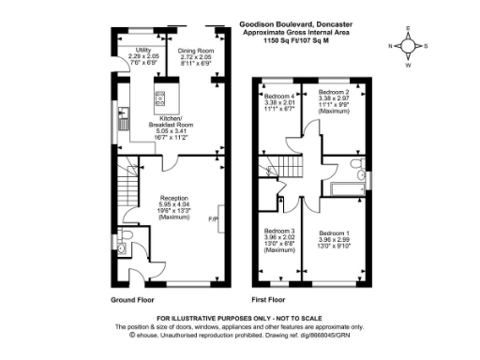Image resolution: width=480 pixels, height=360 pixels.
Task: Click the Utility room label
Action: pyautogui.click(x=143, y=49)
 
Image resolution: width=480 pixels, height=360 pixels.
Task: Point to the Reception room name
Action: pyautogui.click(x=175, y=198)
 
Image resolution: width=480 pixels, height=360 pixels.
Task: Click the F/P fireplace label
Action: pyautogui.click(x=212, y=220)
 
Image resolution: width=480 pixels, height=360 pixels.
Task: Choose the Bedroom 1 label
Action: pyautogui.click(x=334, y=232)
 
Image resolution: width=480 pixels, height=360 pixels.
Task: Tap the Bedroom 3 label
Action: pyautogui.click(x=279, y=231)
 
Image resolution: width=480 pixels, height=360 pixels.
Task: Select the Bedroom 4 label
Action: pyautogui.click(x=279, y=97)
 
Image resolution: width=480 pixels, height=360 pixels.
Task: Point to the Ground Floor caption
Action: pyautogui.click(x=132, y=301)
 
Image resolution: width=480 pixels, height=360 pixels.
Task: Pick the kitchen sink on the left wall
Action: pyautogui.click(x=124, y=117)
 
